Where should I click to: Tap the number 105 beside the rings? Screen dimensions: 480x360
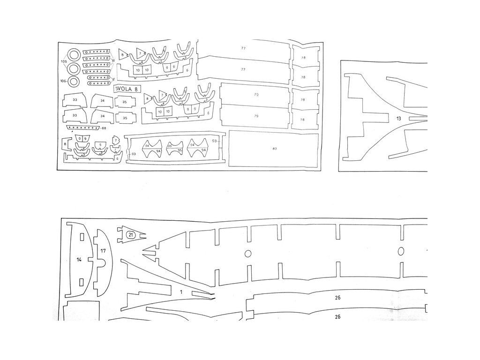(x=64, y=61)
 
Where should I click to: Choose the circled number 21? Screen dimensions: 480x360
(x=131, y=235)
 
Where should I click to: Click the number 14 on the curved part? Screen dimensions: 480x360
(x=79, y=259)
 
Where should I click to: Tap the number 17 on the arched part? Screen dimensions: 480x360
(x=103, y=251)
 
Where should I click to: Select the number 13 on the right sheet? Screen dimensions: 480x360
(x=398, y=119)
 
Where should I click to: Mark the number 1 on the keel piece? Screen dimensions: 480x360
(x=180, y=292)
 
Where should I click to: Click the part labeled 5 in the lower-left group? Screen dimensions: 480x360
(x=100, y=145)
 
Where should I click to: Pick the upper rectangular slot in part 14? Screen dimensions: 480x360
(x=82, y=237)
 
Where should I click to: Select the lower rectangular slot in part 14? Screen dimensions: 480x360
(x=82, y=282)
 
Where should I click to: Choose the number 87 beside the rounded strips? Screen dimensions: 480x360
(x=113, y=79)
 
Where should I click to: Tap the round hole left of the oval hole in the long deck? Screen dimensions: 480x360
(x=247, y=254)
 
